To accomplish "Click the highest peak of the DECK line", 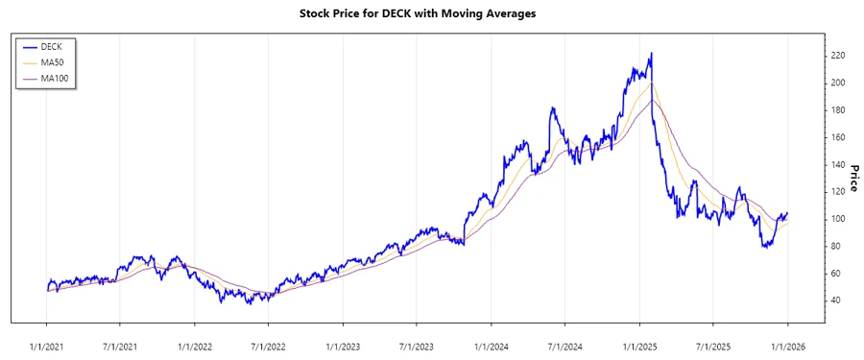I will click(652, 54).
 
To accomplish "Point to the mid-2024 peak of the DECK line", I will click(552, 108).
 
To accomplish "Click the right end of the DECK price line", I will click(787, 213).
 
